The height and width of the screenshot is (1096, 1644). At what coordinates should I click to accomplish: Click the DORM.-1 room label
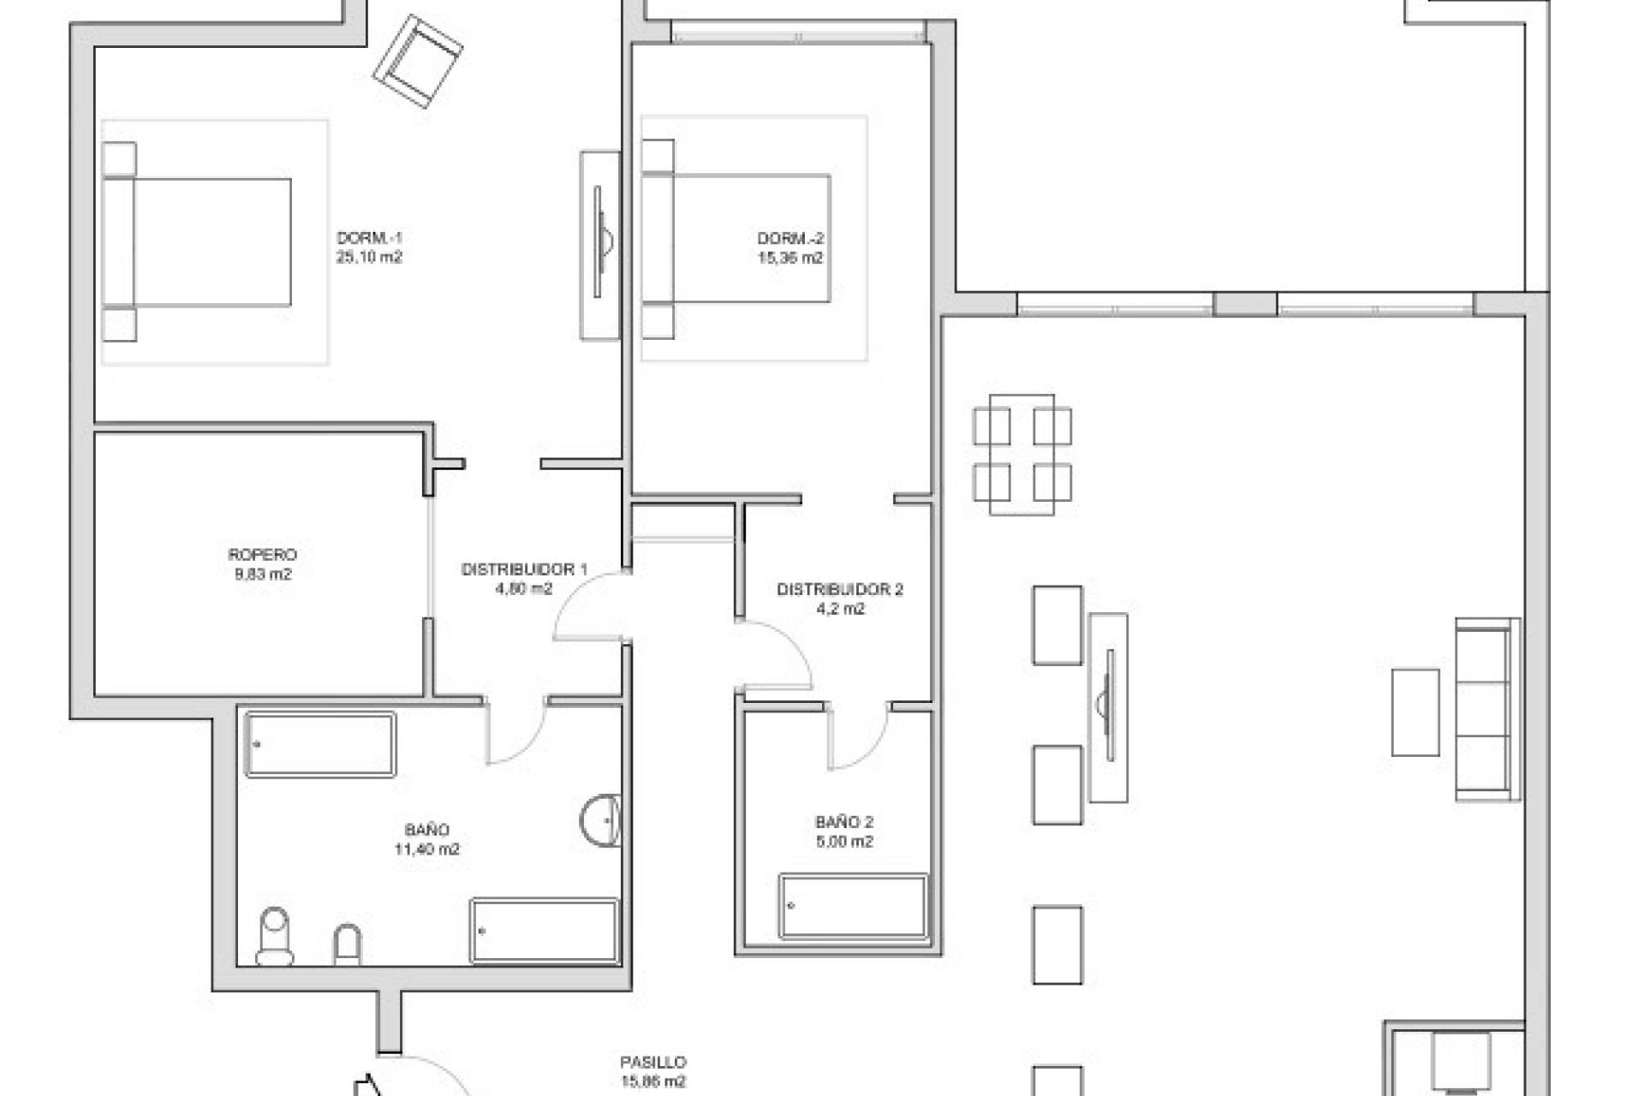pos(369,238)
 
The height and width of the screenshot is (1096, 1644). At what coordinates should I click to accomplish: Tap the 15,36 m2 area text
pos(789,258)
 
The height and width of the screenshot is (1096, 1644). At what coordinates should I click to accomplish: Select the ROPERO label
pos(262,555)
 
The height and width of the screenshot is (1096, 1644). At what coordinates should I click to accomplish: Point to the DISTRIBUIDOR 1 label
pos(524,569)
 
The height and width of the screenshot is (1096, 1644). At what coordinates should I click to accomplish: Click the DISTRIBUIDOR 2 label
pos(839,589)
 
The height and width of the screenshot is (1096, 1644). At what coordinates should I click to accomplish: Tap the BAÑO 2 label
pos(843,822)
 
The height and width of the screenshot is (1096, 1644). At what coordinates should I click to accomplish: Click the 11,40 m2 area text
pos(426,849)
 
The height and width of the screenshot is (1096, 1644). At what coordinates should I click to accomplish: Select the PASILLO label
pos(652,1063)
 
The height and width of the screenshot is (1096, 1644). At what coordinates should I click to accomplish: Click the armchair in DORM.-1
pos(418,61)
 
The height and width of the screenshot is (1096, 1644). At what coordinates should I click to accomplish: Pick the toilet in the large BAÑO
pos(275,936)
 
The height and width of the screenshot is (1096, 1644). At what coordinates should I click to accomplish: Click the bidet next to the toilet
pos(347,944)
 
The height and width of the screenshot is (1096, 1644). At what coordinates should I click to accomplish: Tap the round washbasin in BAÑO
pos(601,820)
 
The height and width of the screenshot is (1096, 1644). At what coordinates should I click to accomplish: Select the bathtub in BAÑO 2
pos(853,906)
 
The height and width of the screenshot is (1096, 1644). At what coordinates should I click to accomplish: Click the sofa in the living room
pos(1487,709)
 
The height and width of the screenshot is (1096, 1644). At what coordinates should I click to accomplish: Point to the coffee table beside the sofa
pos(1415,712)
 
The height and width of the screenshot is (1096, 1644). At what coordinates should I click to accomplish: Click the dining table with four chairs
pos(1022,454)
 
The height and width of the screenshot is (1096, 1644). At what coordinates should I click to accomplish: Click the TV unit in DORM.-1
pos(600,246)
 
